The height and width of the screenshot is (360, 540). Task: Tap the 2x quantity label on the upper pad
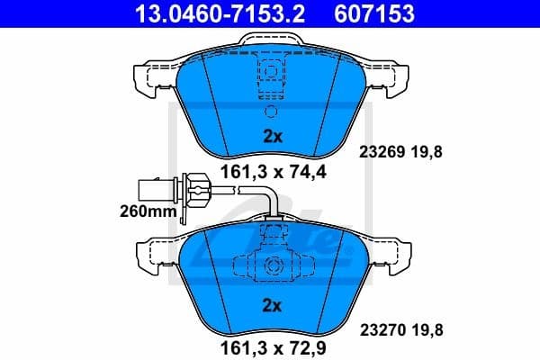(x=272, y=137)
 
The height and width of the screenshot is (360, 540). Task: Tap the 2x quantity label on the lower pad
(x=272, y=306)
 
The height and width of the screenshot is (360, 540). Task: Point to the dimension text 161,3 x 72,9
(x=270, y=342)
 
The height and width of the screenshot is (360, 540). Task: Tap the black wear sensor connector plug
(x=148, y=189)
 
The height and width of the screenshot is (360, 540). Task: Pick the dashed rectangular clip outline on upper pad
(x=270, y=74)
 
